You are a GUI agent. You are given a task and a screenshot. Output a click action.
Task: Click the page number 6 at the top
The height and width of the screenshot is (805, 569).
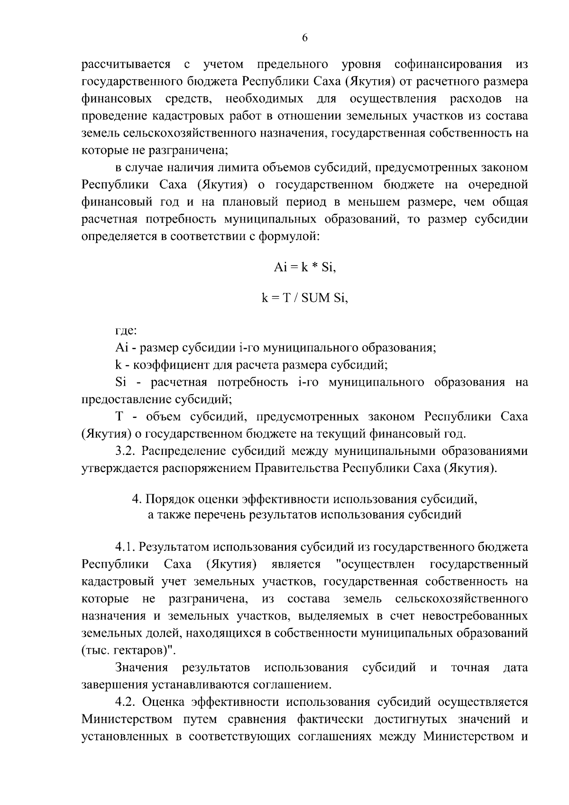point(304,38)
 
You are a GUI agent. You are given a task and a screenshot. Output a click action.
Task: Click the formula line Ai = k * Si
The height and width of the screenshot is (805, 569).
point(304,268)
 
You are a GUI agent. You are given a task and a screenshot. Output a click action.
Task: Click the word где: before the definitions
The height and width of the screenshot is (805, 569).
point(126,331)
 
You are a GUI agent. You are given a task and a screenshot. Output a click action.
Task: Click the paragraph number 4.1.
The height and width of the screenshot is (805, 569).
point(126,547)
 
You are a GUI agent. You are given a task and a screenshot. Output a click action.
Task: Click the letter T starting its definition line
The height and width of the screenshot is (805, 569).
point(119,416)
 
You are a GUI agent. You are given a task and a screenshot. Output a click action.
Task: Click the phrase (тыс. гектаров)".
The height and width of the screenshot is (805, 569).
point(128,650)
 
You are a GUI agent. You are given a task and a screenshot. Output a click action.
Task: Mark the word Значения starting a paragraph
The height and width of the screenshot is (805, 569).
point(142,667)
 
